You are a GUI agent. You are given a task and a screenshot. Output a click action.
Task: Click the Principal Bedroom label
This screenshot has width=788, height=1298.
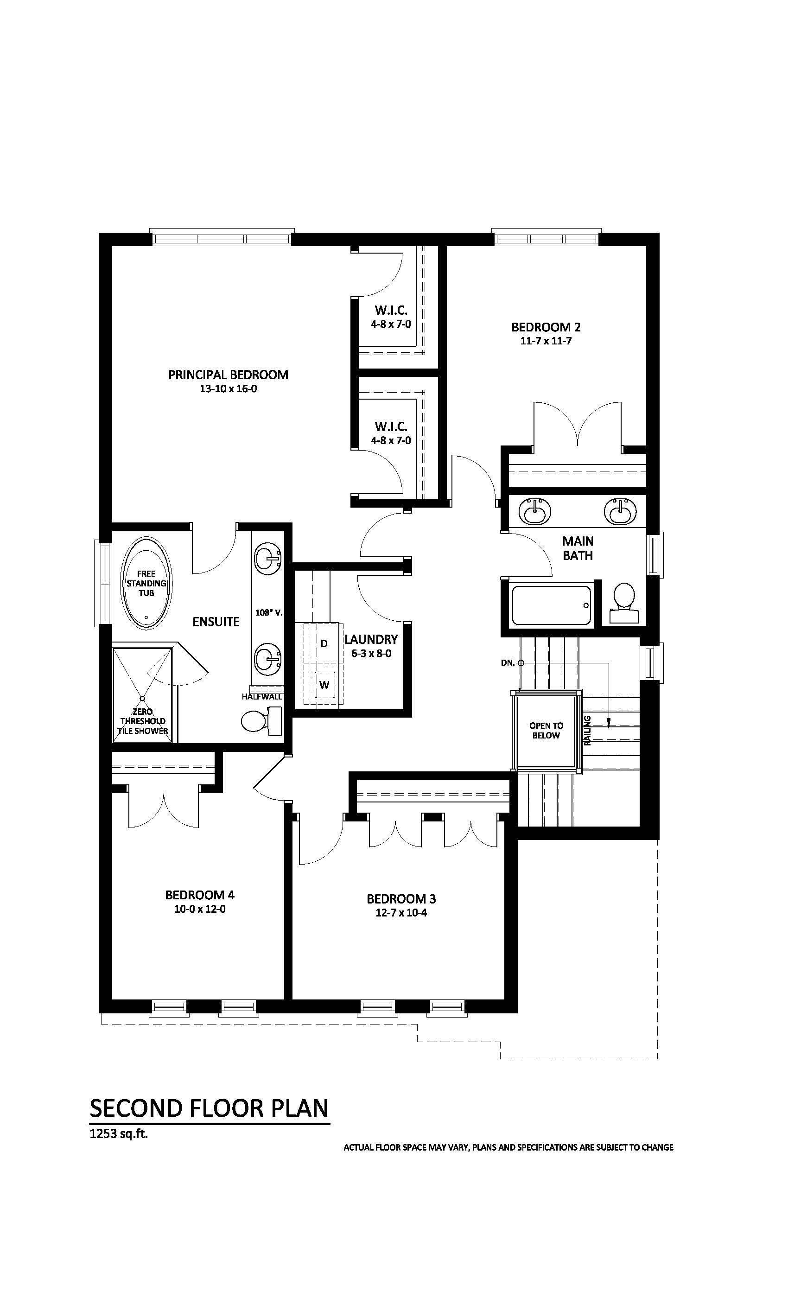point(228,375)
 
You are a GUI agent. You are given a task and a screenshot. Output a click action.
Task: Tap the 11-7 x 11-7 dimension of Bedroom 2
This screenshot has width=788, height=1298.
point(546,341)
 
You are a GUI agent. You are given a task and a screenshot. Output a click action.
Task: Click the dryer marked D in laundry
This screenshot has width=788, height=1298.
point(324,643)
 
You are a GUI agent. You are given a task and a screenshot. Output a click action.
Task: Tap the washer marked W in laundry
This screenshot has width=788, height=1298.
point(324,685)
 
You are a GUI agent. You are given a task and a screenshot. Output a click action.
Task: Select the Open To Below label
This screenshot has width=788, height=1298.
point(546,731)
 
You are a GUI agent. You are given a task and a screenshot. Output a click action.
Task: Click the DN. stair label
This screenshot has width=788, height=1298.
point(508,663)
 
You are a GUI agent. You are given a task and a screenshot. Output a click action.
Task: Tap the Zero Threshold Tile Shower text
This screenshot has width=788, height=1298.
point(143,721)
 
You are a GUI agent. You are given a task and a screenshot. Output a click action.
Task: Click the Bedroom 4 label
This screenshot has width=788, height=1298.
point(200,895)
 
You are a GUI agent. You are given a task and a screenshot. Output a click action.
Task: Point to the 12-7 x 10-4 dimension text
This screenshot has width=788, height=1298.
point(401,913)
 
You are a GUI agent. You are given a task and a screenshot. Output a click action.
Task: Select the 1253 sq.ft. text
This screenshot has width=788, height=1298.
point(119,1133)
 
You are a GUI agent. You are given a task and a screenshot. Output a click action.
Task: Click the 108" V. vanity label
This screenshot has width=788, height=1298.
point(269,613)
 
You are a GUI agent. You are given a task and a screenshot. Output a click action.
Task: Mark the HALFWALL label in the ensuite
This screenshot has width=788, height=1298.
point(262,696)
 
